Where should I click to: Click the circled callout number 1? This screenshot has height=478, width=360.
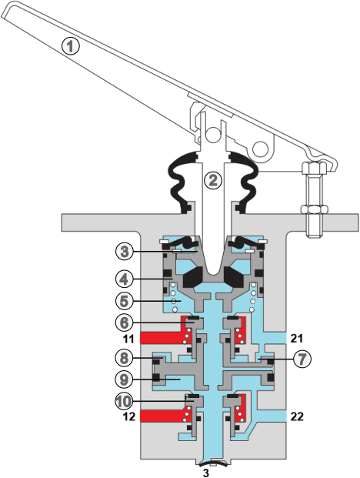[70, 46]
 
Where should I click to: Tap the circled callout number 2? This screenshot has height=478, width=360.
[213, 180]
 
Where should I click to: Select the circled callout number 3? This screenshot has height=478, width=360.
[125, 252]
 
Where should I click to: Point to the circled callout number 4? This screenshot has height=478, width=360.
[125, 279]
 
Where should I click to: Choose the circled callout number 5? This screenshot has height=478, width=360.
[125, 301]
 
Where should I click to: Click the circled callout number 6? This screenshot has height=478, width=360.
[125, 323]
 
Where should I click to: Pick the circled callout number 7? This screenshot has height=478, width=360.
[302, 359]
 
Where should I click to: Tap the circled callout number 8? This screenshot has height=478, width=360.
[125, 358]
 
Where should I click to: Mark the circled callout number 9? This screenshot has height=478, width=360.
[125, 379]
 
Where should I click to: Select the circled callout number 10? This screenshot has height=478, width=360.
[125, 402]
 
